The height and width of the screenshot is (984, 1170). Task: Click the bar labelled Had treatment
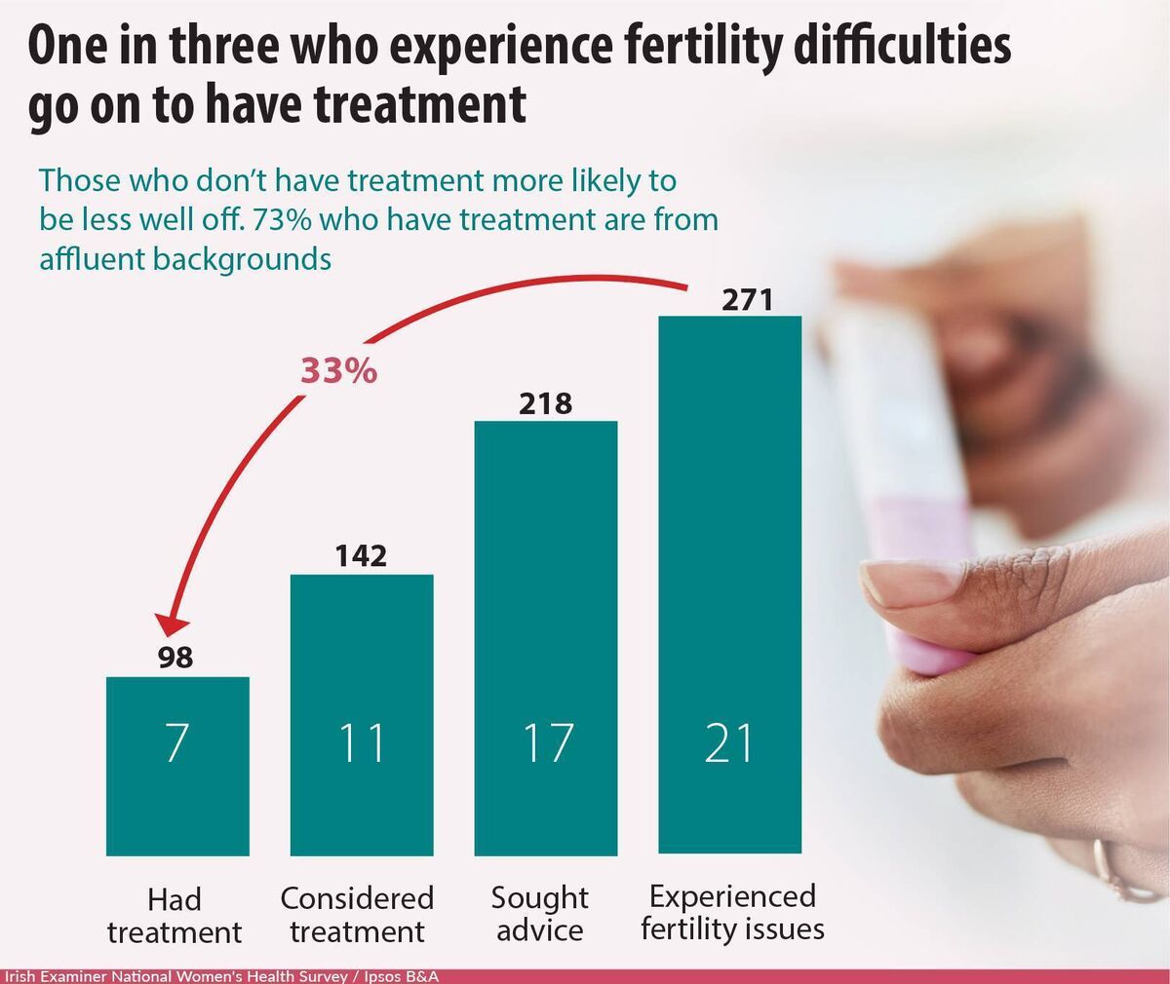(x=177, y=766)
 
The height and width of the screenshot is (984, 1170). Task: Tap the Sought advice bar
(x=546, y=638)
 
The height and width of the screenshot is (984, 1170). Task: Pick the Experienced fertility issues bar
(x=730, y=585)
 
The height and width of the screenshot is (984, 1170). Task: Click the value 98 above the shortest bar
(x=176, y=658)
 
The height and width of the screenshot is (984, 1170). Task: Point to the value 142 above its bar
(x=361, y=556)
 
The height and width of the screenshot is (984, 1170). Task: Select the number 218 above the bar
(x=545, y=402)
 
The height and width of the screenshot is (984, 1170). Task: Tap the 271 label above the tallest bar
(x=747, y=299)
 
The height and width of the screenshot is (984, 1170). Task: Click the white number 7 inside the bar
(x=176, y=742)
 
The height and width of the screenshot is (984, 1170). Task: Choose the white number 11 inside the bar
(x=361, y=742)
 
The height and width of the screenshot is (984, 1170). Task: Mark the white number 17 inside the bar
(x=545, y=742)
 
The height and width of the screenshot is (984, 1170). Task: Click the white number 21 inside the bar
(x=729, y=742)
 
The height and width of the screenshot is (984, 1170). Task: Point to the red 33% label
(x=338, y=371)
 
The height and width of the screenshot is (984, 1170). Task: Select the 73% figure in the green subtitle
(x=283, y=219)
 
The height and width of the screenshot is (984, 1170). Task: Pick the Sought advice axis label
(x=540, y=914)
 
